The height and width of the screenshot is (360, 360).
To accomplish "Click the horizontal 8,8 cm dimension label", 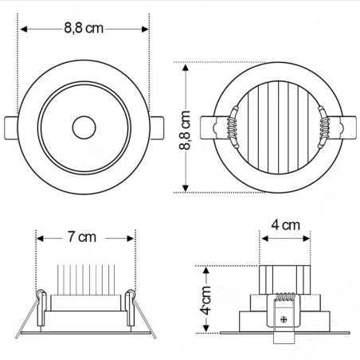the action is [x=84, y=28].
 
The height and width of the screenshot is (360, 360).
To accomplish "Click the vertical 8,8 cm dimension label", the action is [x=185, y=130].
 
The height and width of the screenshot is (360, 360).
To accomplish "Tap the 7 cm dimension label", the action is [x=81, y=237].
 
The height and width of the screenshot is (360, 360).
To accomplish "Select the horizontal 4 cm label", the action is [x=285, y=225].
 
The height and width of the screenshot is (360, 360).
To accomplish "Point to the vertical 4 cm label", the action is [x=206, y=300].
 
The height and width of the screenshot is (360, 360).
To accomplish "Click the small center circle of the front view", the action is [x=84, y=127].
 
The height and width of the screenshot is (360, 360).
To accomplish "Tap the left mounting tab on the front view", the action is [x=11, y=127].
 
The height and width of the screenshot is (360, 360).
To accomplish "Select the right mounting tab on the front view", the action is [x=157, y=127].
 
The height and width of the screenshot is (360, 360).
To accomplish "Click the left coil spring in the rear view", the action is [x=233, y=127].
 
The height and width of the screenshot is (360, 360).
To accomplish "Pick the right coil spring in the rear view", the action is [x=324, y=127].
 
